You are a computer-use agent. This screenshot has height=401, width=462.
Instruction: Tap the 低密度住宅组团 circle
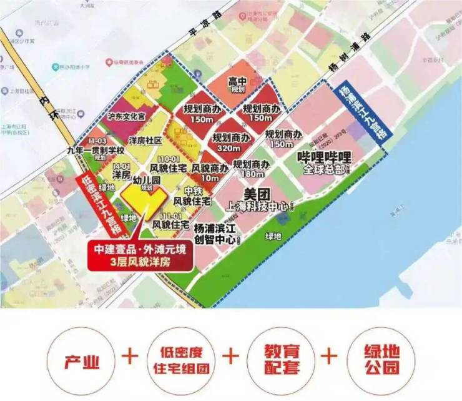[180, 360]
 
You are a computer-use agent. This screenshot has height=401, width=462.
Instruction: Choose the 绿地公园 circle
[381, 360]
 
